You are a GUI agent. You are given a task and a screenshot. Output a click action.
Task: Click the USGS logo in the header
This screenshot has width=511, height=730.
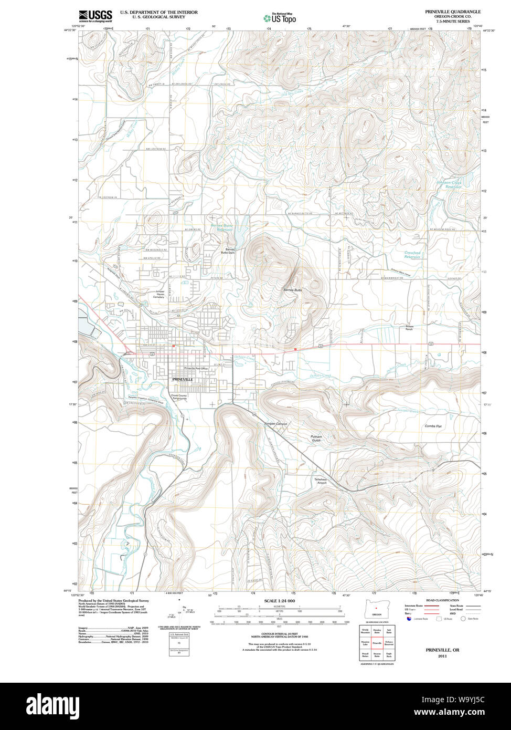(x=95, y=16)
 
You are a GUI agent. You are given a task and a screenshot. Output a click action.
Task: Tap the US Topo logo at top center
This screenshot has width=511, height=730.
(x=280, y=17)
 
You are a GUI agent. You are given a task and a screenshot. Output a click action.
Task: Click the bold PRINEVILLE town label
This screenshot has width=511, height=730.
(x=183, y=379)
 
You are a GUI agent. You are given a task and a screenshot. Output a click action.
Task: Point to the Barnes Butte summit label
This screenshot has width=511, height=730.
(x=292, y=290)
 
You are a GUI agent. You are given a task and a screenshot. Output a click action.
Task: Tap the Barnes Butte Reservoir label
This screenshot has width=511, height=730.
(x=221, y=227)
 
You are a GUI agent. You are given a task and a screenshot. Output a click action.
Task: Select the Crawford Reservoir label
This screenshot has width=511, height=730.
(x=412, y=255)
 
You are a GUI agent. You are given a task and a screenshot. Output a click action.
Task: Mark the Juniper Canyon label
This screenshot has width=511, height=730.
(x=275, y=423)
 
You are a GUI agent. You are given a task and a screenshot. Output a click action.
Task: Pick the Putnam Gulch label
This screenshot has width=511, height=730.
(x=316, y=439)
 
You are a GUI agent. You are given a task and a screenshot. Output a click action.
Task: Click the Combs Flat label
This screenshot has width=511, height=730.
(x=433, y=426)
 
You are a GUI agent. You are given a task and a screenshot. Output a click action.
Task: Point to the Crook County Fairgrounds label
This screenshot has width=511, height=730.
(x=178, y=397)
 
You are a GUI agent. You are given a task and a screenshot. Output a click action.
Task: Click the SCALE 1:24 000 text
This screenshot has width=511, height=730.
(x=280, y=601)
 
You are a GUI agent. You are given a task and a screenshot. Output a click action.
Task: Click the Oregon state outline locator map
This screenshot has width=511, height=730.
(x=376, y=610)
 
